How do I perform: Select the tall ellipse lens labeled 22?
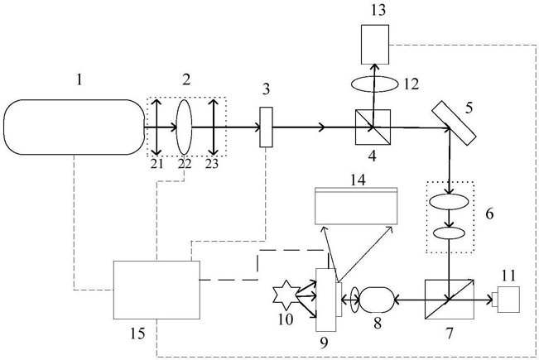[x=185, y=127]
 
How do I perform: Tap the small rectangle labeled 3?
[x=266, y=127]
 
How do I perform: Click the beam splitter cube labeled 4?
[x=373, y=127]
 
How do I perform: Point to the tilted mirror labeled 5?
[x=454, y=122]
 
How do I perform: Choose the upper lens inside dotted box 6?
[x=449, y=202]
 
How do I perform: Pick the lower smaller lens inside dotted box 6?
[x=449, y=233]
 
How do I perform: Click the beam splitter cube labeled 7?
[x=449, y=300]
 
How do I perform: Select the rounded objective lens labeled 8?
[x=376, y=300]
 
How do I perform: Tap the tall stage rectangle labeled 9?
[x=325, y=300]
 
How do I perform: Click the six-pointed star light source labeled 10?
[x=285, y=295]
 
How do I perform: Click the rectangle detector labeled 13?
[x=375, y=45]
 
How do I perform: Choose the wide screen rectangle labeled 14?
[x=356, y=206]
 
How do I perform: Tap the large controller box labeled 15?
[x=156, y=290]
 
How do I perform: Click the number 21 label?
[x=156, y=164]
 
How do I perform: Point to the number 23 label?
[x=212, y=164]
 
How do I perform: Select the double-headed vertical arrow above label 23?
[x=214, y=127]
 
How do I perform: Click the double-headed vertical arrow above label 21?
[x=156, y=127]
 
